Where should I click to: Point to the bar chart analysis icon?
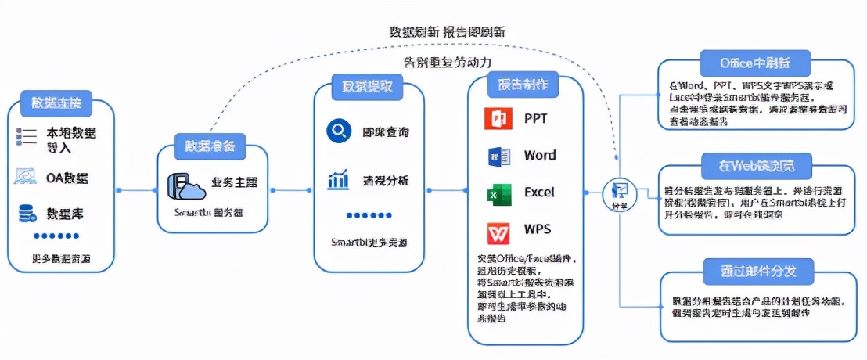pos(338,181)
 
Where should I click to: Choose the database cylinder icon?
pos(27,213)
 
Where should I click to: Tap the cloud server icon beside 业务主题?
pos(183,185)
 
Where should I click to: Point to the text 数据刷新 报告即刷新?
pos(447,32)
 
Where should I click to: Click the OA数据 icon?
pos(27,177)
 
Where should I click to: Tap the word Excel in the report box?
pos(539,193)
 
